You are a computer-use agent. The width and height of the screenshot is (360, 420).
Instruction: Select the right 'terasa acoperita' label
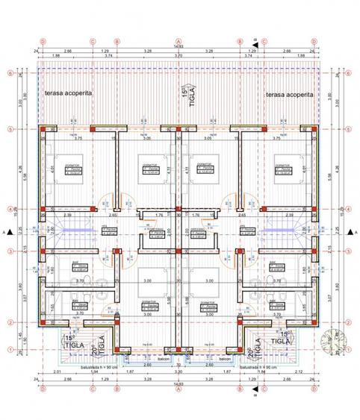(289, 95)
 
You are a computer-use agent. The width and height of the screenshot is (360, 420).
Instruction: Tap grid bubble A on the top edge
(179, 42)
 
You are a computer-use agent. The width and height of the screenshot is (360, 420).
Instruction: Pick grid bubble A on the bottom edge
(179, 389)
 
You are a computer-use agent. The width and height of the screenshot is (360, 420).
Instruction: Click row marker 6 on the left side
(9, 73)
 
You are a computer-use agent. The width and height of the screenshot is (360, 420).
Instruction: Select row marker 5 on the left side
(9, 128)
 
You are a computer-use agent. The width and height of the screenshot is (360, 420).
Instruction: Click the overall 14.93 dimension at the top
(179, 47)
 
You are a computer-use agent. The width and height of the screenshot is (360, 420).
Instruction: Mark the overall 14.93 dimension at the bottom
(179, 383)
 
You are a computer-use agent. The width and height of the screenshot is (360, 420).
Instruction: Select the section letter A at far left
(4, 232)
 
